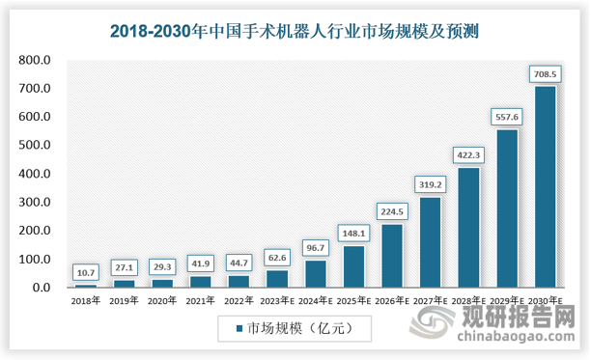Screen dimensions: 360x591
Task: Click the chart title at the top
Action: click(x=295, y=32)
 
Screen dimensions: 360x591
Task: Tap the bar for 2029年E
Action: click(x=507, y=208)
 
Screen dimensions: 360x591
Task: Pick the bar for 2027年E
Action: click(x=432, y=242)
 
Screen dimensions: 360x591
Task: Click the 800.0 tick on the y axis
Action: click(x=36, y=61)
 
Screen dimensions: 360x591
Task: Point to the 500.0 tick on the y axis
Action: click(x=36, y=146)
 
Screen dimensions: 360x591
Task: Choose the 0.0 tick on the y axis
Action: click(x=41, y=288)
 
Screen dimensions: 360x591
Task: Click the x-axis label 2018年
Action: click(x=86, y=301)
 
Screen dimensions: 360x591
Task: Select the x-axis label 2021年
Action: click(x=200, y=301)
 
